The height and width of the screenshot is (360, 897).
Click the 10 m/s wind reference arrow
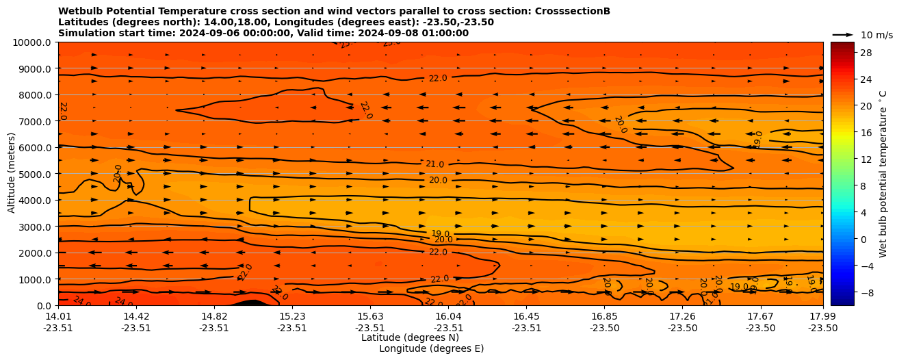pyautogui.click(x=843, y=34)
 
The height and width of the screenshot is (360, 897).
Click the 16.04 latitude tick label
pyautogui.click(x=448, y=316)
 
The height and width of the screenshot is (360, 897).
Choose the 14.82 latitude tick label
pyautogui.click(x=214, y=316)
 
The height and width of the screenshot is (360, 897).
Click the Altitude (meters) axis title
pyautogui.click(x=12, y=174)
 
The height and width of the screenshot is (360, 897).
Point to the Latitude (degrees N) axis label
pyautogui.click(x=410, y=337)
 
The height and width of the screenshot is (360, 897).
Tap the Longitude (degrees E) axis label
pyautogui.click(x=431, y=348)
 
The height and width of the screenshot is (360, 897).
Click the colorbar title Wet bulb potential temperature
pyautogui.click(x=883, y=174)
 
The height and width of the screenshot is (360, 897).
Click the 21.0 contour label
pyautogui.click(x=434, y=164)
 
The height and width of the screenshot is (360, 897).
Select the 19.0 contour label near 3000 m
pyautogui.click(x=440, y=233)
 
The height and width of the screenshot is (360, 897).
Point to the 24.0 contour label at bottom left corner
pyautogui.click(x=81, y=301)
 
